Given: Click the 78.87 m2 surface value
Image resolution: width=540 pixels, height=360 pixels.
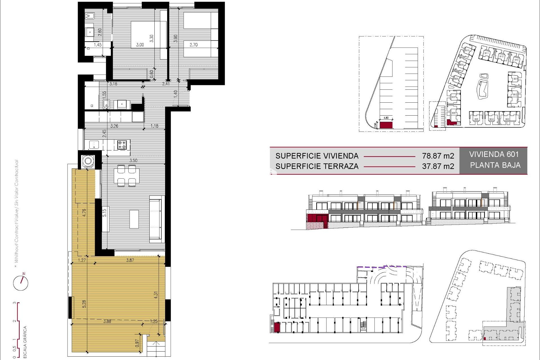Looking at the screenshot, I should click(x=438, y=156).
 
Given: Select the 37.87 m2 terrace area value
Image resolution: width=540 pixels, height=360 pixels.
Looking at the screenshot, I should click(x=438, y=166).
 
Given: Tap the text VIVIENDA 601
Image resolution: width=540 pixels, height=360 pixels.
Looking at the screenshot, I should click(x=494, y=154).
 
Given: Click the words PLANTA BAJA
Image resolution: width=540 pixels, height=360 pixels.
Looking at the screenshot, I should click(x=495, y=165).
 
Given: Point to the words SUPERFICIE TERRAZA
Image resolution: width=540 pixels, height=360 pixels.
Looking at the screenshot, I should click(x=317, y=166).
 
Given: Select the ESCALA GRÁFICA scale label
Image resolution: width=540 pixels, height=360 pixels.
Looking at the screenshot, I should click(x=25, y=342).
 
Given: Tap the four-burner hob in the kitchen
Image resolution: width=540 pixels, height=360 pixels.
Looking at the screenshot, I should click(x=122, y=145).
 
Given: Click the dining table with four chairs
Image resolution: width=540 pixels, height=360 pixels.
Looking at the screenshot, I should click(x=127, y=175).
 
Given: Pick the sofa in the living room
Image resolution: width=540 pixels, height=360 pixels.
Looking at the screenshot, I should click(x=157, y=219).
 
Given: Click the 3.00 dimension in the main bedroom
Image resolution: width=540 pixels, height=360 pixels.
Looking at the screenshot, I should click(x=140, y=45).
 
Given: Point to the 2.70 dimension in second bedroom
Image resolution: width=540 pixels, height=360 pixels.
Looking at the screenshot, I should click(x=193, y=45).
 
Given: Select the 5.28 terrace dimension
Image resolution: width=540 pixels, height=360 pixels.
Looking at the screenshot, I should click(x=84, y=304).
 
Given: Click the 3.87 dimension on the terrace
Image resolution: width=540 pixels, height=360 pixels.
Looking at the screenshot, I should click(x=130, y=260).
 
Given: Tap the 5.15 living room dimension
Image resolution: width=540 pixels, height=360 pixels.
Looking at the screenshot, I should click(x=104, y=213).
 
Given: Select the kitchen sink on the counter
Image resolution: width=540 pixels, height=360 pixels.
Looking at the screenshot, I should click(x=94, y=145).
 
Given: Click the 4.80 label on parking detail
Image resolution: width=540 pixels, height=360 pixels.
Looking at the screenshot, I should click(x=386, y=118).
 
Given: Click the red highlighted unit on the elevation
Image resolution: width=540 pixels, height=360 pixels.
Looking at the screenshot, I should click(x=317, y=218).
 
